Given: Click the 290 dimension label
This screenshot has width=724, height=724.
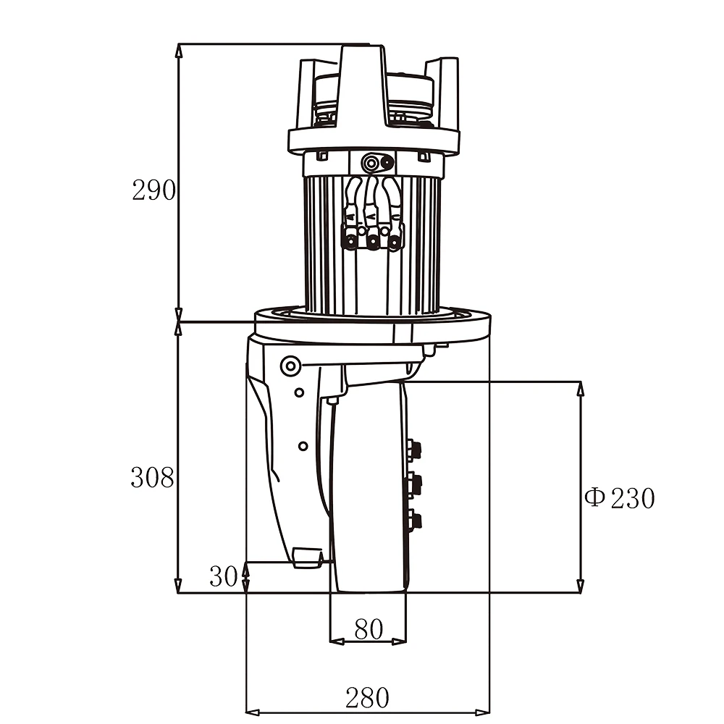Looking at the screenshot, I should tap(153, 190).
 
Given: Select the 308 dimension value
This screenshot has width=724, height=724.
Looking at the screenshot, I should tap(152, 477).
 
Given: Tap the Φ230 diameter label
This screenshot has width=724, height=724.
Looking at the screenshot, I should tap(620, 498).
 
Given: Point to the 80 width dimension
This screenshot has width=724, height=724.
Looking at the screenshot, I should tap(368, 629).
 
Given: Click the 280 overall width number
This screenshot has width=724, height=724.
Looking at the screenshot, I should tap(367, 698).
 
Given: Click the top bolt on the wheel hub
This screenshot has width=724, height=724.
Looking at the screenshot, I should tap(414, 450).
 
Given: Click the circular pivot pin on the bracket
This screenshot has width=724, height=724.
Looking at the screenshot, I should tap(291, 366).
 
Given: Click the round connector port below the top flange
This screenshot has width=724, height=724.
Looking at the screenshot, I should tap(374, 162).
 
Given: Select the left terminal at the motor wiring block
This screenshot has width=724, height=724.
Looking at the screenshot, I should tap(351, 242).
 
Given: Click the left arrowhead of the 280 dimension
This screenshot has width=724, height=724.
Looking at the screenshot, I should tap(251, 711).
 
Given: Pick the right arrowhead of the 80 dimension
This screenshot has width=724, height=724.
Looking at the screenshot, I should tap(400, 641).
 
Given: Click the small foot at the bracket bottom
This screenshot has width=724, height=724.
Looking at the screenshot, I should tap(307, 557).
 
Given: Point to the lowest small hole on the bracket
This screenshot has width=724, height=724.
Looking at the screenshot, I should tap(303, 445).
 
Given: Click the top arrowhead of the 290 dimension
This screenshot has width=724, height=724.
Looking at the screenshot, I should tap(179, 49).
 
